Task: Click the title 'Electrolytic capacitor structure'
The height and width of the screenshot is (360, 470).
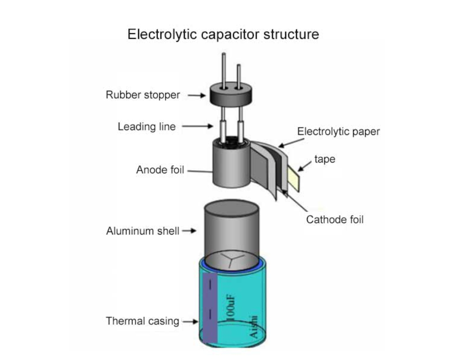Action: point(223,34)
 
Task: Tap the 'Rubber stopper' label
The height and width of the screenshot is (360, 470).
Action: point(143,95)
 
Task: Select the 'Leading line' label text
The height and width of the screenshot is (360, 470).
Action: point(147,126)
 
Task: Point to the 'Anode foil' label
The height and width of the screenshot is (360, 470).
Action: point(160,170)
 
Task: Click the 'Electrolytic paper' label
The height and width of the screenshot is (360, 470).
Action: point(338,131)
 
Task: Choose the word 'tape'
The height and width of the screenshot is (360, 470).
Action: point(325,159)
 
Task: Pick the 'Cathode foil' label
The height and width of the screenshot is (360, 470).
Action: point(335,219)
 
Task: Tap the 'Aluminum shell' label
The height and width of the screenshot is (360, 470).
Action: point(143,231)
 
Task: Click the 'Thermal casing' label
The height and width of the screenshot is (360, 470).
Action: point(142,321)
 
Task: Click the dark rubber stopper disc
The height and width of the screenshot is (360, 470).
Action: point(231,96)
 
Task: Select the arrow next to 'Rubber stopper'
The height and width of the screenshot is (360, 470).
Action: point(197,95)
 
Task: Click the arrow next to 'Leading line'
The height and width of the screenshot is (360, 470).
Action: point(197,126)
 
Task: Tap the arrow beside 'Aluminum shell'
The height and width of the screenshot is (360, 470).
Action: point(189,231)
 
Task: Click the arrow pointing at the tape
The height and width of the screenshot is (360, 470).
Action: point(305,165)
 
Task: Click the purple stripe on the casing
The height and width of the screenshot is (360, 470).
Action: point(210,310)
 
